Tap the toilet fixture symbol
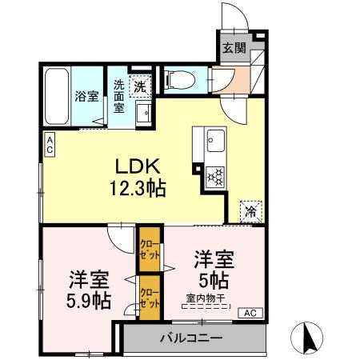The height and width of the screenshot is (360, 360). [x=178, y=79]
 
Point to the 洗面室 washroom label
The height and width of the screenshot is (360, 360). [x=118, y=95]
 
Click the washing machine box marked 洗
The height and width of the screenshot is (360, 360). [x=140, y=84]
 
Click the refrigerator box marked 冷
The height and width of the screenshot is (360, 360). [x=250, y=213]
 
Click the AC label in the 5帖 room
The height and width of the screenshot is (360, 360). [x=250, y=312]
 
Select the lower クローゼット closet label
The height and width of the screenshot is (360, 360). [x=149, y=298]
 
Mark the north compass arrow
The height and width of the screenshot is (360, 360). [x=309, y=337]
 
